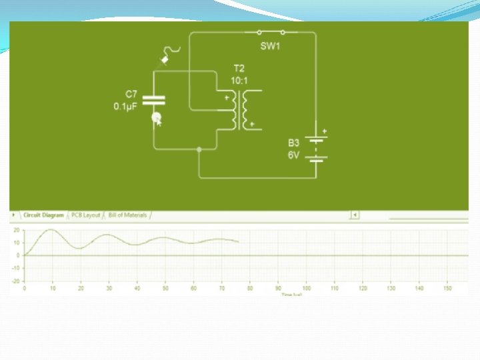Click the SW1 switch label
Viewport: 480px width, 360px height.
point(269,46)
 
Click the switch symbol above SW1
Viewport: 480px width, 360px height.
point(270,32)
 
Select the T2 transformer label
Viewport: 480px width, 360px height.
point(238,69)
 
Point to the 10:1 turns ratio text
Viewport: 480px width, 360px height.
point(239,80)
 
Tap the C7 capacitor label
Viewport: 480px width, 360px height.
point(131,94)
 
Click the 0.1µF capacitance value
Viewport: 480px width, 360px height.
point(125,105)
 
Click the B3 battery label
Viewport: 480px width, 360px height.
point(294,143)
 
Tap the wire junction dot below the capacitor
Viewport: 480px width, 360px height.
point(199,149)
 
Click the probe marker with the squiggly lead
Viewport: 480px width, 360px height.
point(165,60)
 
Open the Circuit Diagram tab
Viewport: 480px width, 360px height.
point(43,215)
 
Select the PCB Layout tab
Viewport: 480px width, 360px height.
point(86,215)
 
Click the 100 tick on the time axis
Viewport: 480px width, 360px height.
point(306,288)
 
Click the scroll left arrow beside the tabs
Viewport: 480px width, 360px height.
point(355,215)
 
